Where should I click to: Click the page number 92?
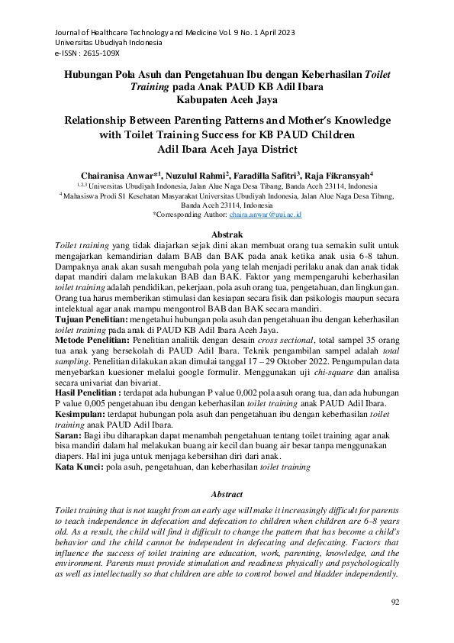(x=394, y=602)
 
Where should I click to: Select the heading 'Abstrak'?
(x=227, y=234)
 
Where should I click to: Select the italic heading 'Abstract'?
(x=227, y=494)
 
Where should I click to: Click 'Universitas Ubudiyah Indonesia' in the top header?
(x=108, y=44)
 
